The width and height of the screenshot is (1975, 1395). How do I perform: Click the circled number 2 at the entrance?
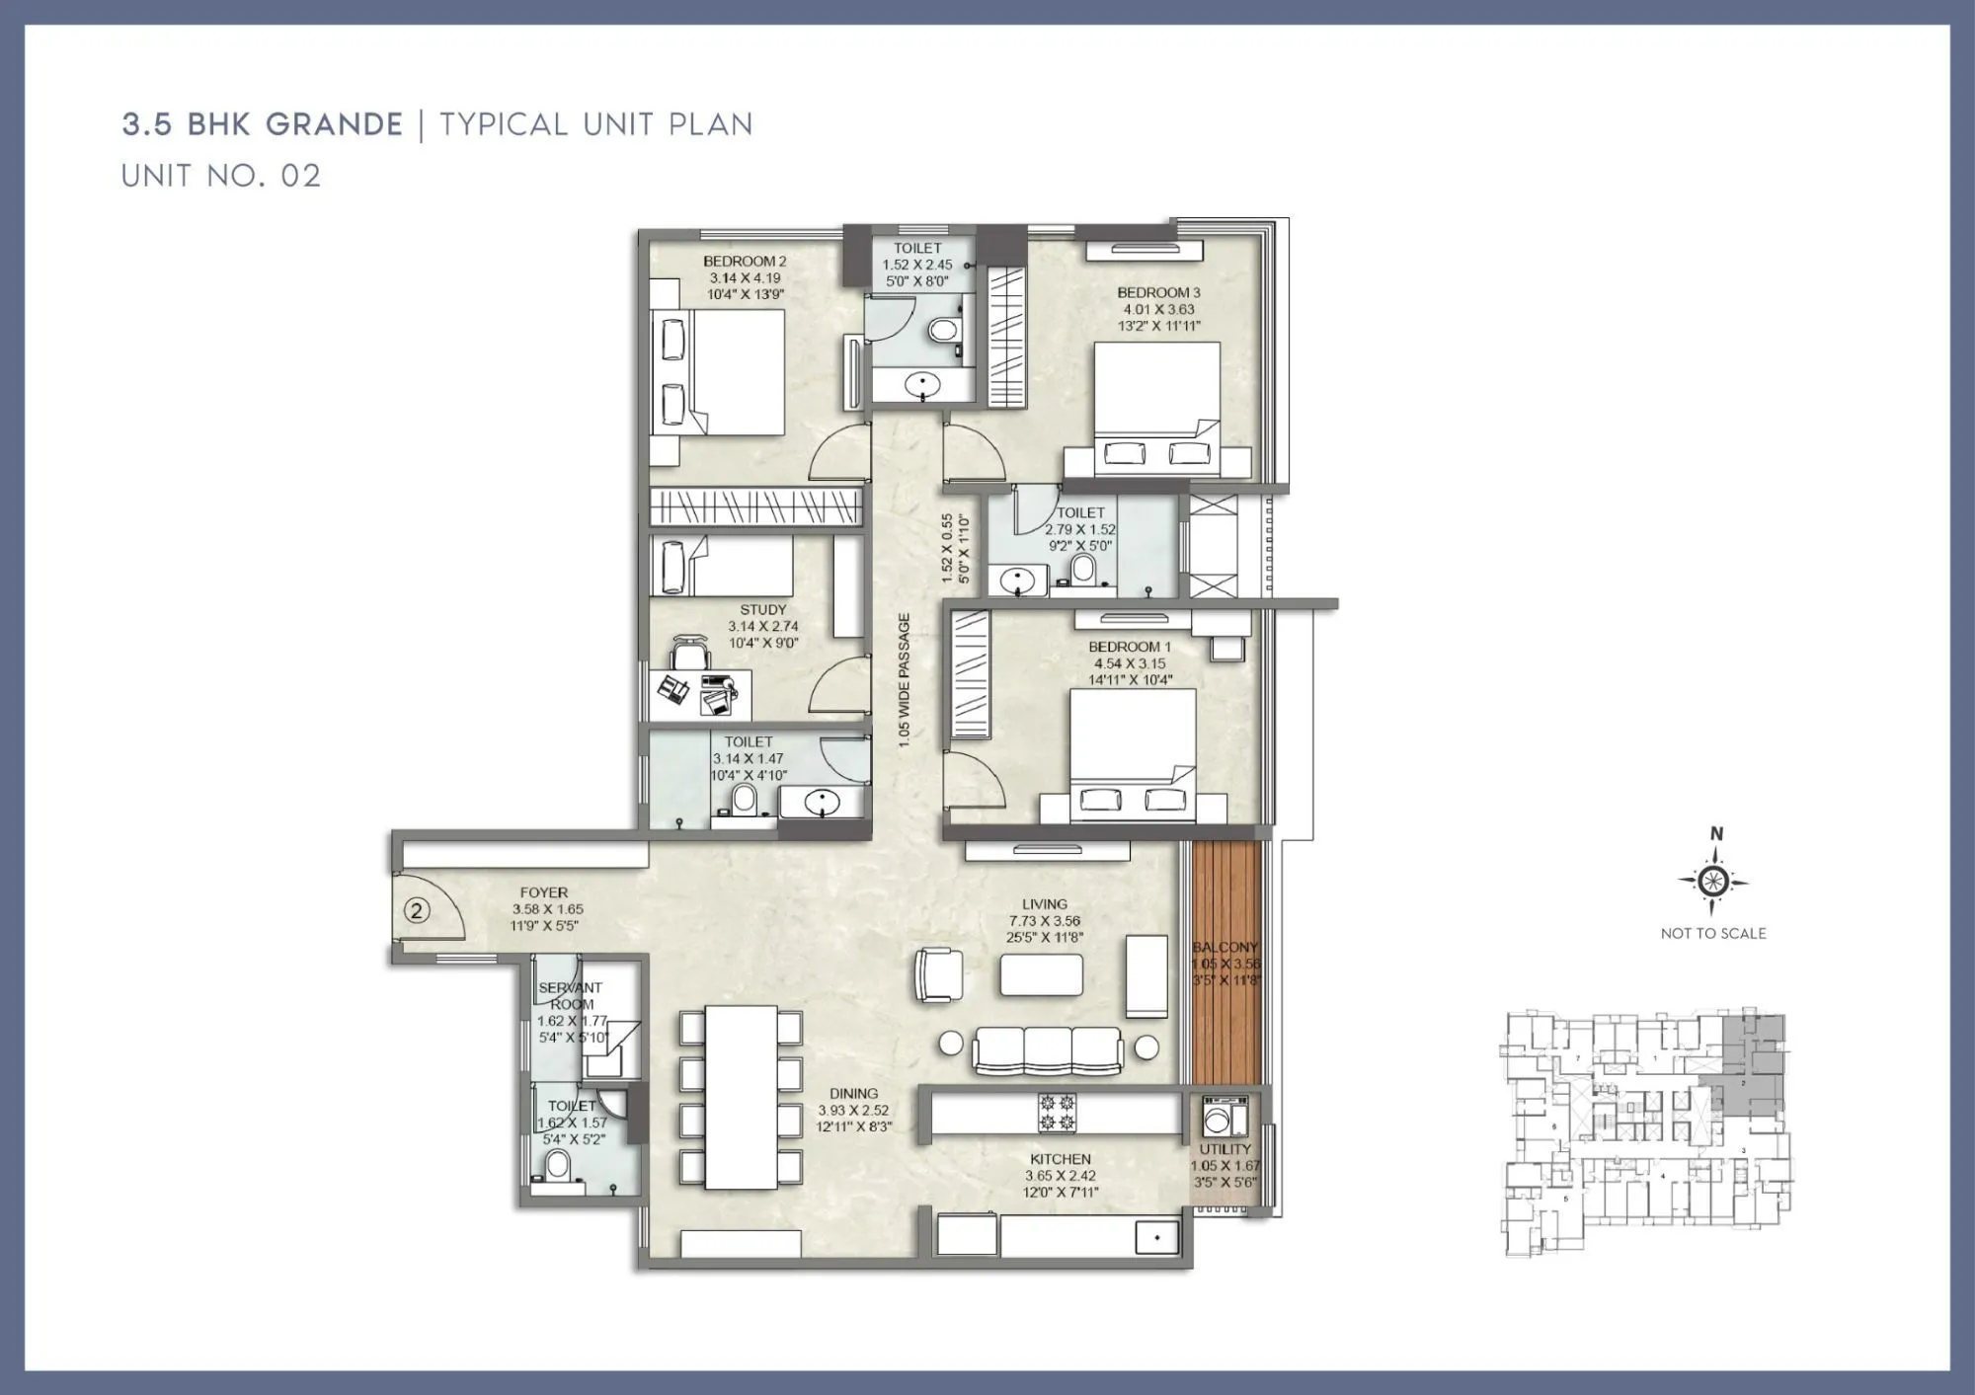coord(417,910)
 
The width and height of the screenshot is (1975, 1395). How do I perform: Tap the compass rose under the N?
coord(1714,880)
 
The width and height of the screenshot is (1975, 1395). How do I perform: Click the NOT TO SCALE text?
coord(1713,933)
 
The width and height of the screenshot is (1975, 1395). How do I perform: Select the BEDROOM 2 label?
coord(745,262)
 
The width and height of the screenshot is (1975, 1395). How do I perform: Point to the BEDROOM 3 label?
coord(1158,292)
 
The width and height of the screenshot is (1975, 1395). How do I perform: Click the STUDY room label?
coord(763,610)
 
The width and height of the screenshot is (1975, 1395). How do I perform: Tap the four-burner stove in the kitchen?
coord(1057,1113)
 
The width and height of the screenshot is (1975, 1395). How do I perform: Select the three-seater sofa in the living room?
coord(1048,1050)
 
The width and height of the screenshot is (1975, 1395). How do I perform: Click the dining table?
coord(741,1097)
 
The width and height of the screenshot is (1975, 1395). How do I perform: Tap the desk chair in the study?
coord(689,654)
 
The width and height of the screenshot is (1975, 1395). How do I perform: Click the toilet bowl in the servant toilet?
coord(558,1166)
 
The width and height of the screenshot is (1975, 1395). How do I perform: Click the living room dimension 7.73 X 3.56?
coord(1045,920)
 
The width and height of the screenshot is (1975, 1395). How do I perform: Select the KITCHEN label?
coord(1061,1159)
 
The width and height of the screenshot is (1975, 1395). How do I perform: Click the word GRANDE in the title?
coord(334,124)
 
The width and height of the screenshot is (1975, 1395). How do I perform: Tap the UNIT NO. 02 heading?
coord(221,176)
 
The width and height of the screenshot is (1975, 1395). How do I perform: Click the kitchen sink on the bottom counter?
coord(1157,1236)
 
